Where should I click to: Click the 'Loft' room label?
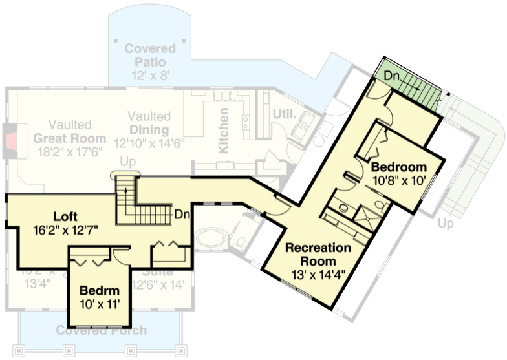[66, 216]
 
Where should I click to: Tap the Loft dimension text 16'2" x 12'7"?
[67, 229]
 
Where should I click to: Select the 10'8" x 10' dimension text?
[399, 180]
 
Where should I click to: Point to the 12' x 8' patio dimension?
[150, 75]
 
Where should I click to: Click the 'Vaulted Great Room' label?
[69, 131]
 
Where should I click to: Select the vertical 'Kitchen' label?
[224, 130]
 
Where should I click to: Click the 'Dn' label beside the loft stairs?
[182, 213]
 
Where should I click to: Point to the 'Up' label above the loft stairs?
[127, 161]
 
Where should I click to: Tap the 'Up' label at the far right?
[446, 224]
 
